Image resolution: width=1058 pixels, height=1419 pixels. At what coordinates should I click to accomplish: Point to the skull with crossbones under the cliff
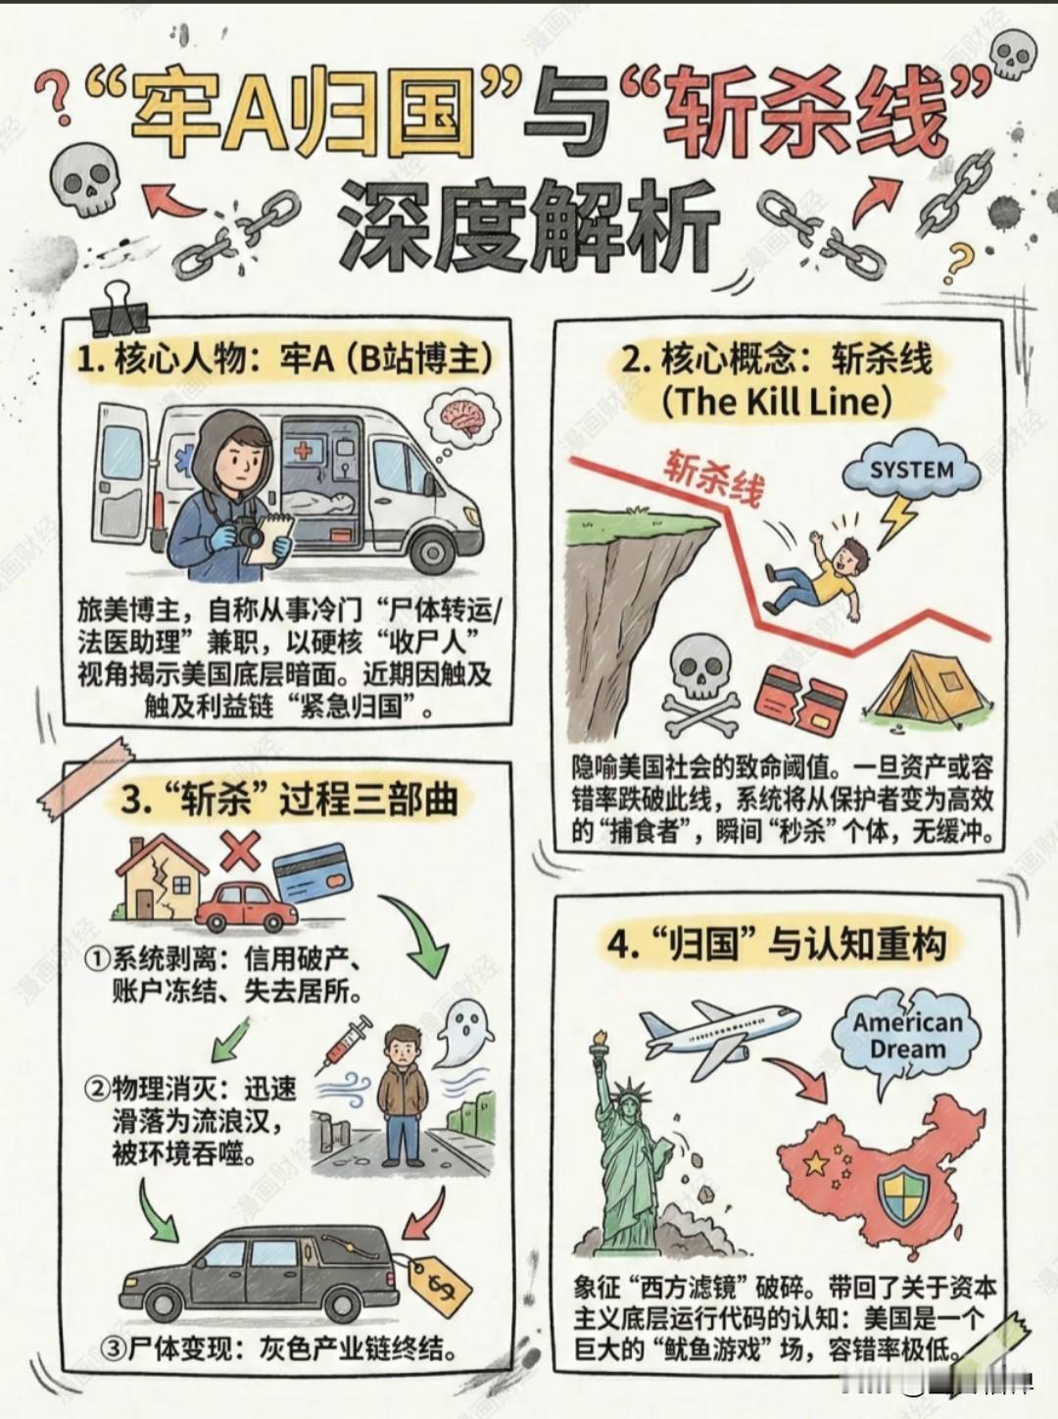[x=702, y=686]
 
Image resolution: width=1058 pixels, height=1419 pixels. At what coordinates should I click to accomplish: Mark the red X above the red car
[x=240, y=850]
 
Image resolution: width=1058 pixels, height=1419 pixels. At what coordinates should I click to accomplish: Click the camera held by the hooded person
[x=245, y=534]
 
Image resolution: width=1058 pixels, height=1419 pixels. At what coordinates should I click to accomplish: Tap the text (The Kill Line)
[x=777, y=402]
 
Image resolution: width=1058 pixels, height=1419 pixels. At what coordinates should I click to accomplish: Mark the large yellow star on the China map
[x=815, y=1163]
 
